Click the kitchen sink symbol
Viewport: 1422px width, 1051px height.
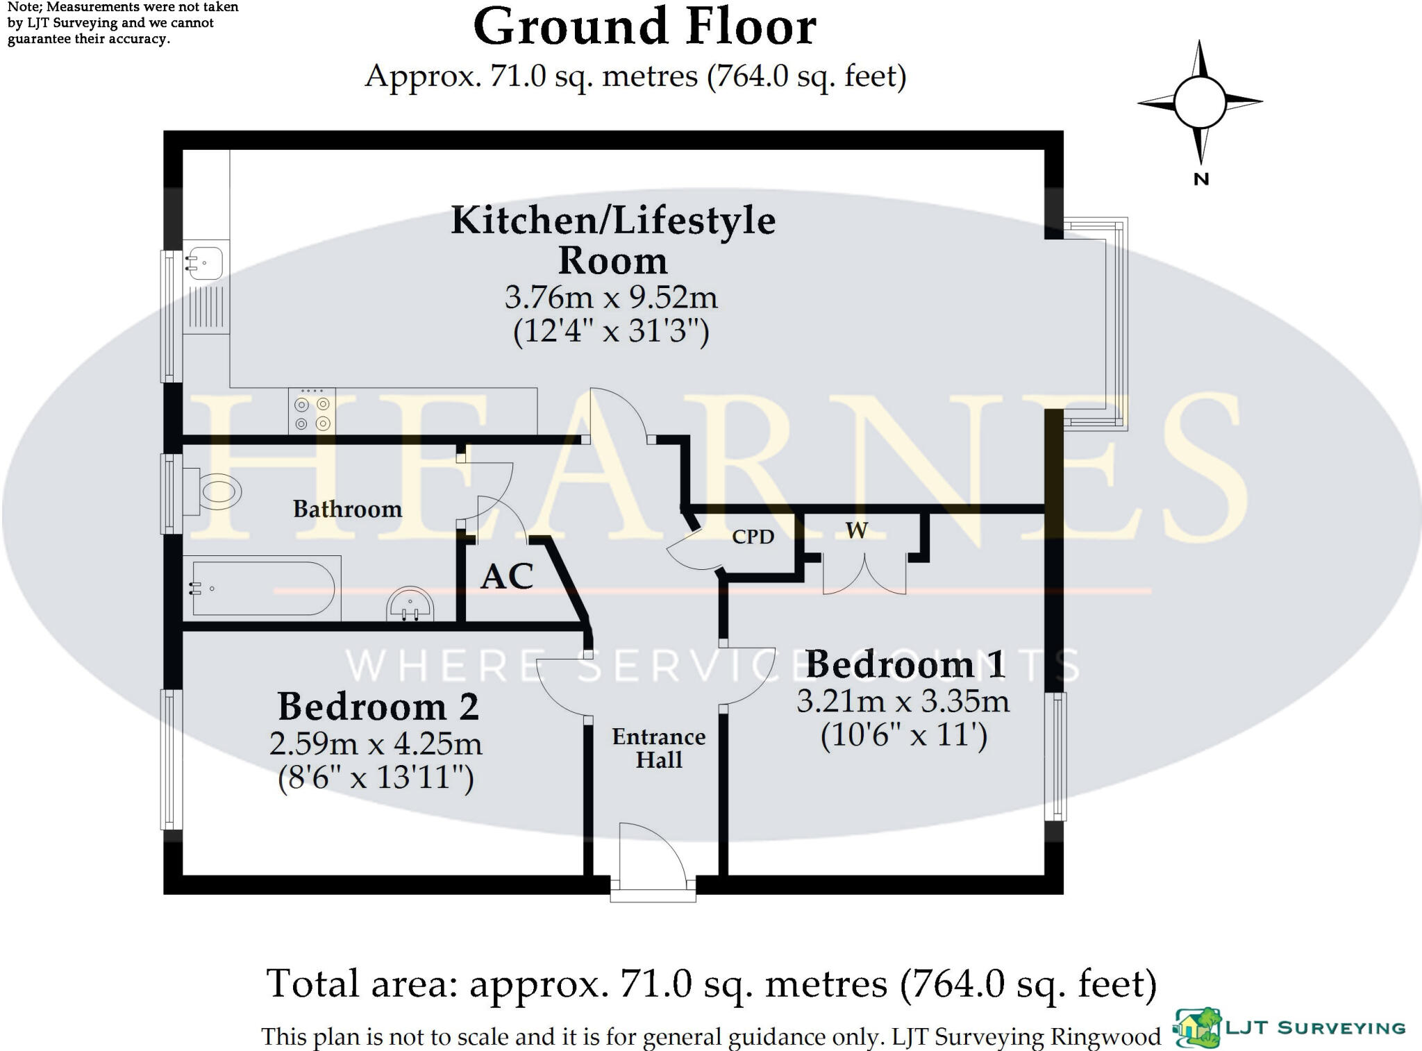(x=206, y=262)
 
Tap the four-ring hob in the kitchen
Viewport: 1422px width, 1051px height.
(x=312, y=412)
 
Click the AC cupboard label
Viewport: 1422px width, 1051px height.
(x=507, y=576)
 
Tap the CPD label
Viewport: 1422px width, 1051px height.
(x=753, y=537)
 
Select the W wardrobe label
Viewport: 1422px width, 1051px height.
(x=856, y=530)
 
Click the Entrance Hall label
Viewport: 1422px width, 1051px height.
(x=658, y=748)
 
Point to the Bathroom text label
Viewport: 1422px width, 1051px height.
(x=347, y=509)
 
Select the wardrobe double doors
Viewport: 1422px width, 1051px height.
(x=864, y=573)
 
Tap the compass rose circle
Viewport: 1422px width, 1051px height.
(x=1200, y=102)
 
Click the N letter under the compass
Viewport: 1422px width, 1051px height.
(x=1201, y=179)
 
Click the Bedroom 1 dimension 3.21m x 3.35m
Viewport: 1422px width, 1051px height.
(x=903, y=701)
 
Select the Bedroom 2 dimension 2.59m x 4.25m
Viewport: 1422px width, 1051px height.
(x=376, y=744)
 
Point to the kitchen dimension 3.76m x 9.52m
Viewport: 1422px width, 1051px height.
(x=611, y=298)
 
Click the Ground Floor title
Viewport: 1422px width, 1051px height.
(x=644, y=28)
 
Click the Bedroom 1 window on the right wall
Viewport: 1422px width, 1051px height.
(x=1055, y=756)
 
